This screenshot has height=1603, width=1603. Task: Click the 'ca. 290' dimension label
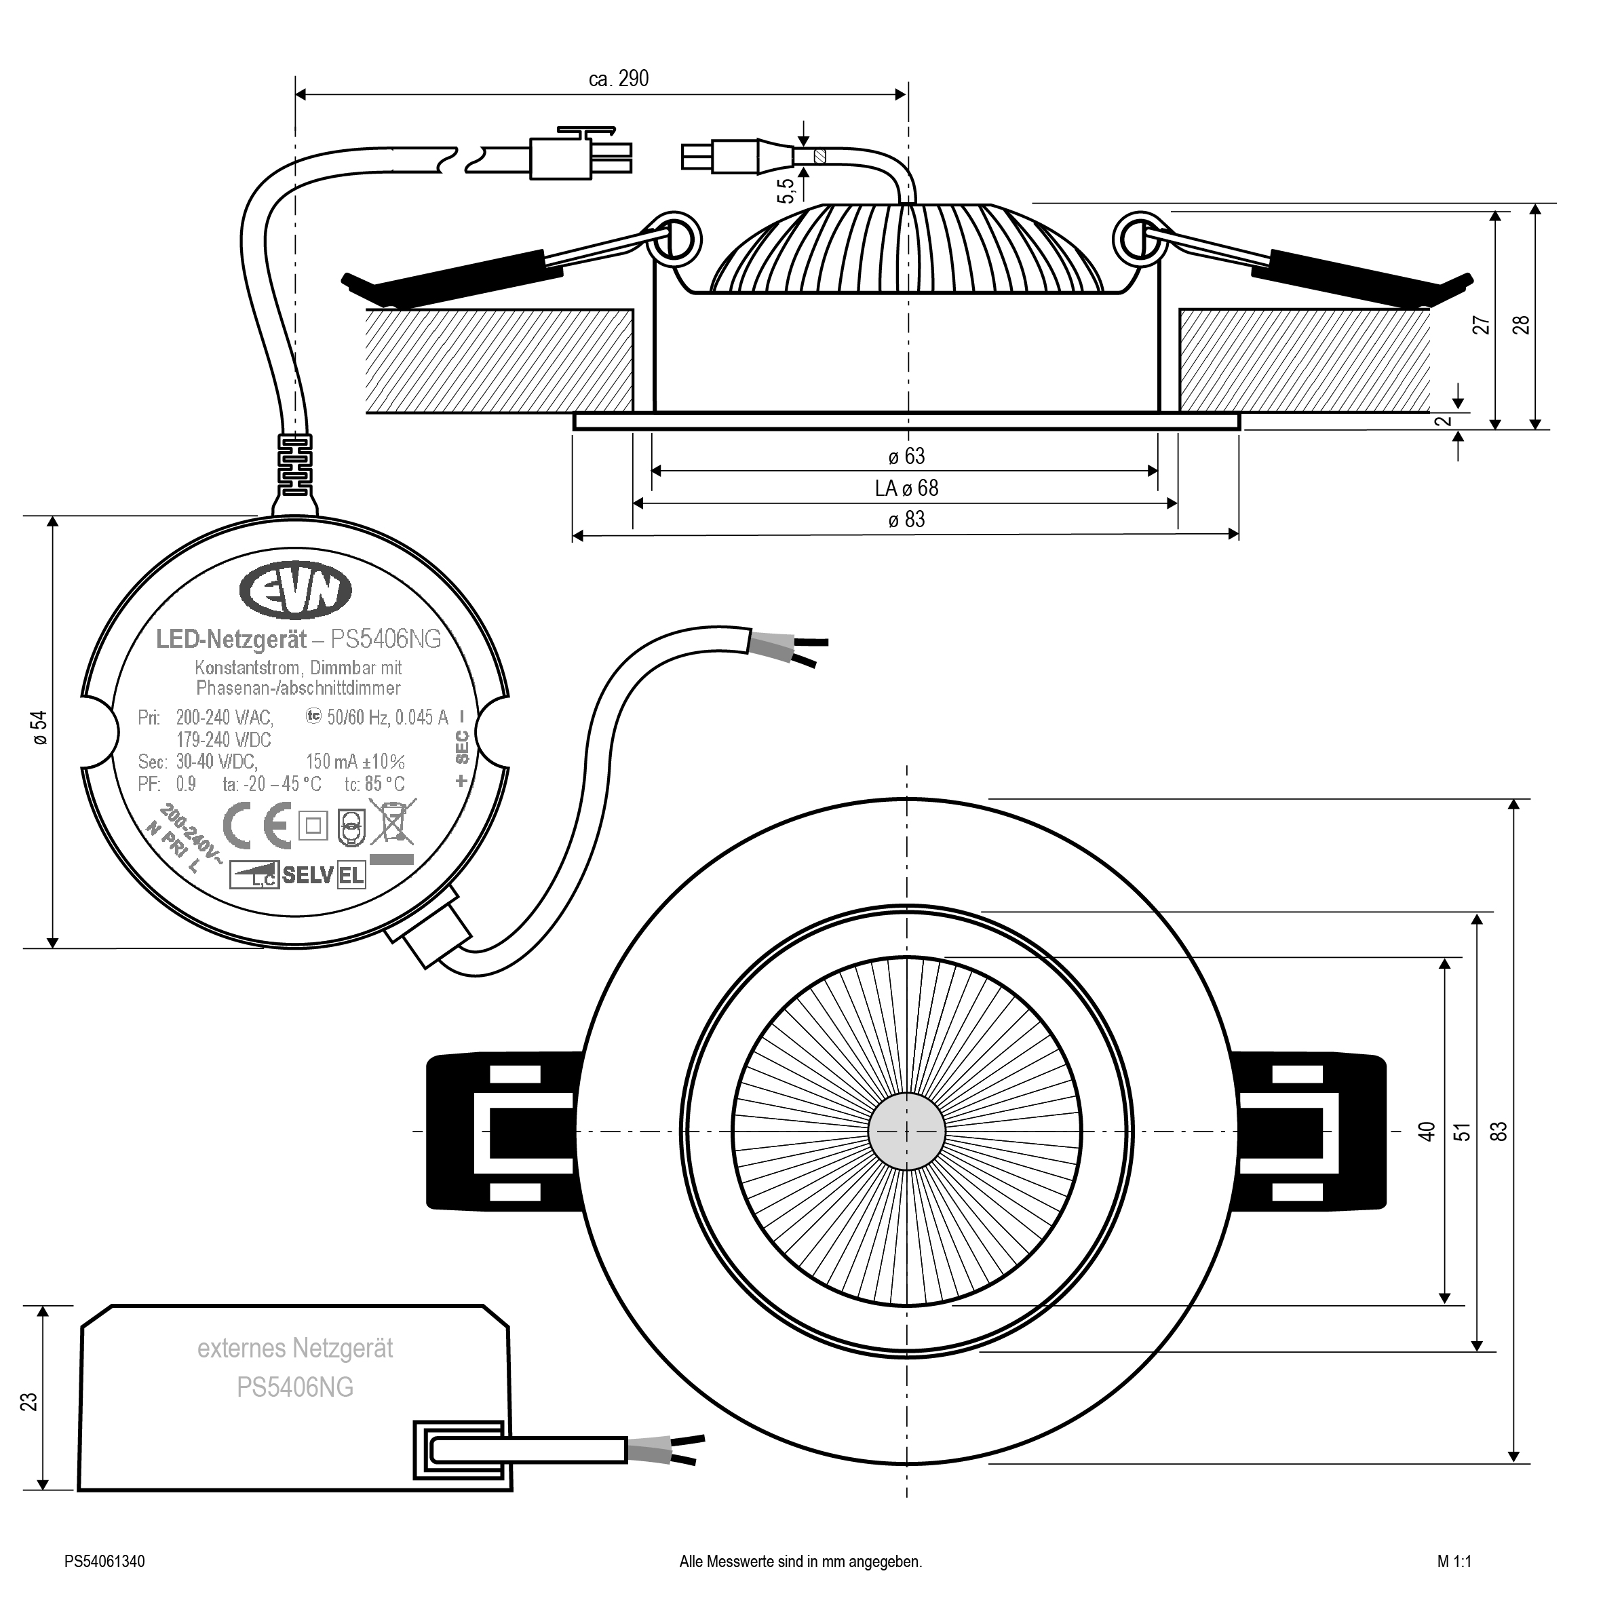[x=618, y=79]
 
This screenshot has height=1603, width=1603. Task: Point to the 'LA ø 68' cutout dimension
[x=906, y=488]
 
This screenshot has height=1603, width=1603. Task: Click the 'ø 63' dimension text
[x=906, y=457]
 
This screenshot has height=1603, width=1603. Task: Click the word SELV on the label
[x=308, y=874]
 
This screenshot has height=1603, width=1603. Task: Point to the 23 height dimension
[x=30, y=1402]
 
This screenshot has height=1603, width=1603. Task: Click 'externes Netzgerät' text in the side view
[x=294, y=1349]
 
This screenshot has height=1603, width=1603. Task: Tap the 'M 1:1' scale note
[x=1454, y=1562]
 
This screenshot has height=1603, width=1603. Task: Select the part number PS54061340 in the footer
[x=104, y=1562]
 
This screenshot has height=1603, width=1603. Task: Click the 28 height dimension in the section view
[x=1521, y=325]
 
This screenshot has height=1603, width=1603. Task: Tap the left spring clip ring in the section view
[x=674, y=238]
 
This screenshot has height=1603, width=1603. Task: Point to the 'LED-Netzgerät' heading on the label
[x=231, y=639]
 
